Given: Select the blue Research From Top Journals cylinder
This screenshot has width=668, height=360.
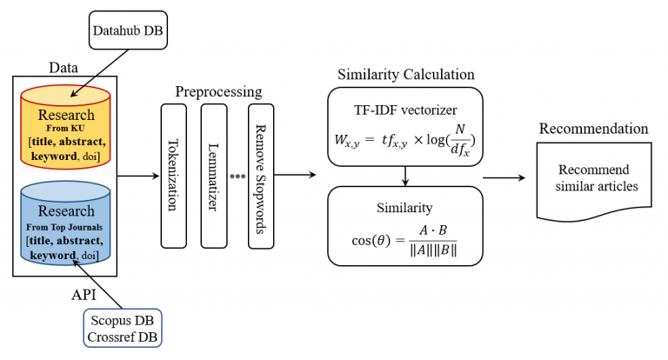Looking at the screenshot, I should pos(67,222).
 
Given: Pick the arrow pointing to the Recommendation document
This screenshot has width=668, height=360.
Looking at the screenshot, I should pos(504,177).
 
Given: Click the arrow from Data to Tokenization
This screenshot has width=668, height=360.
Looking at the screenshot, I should pos(136,177).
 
